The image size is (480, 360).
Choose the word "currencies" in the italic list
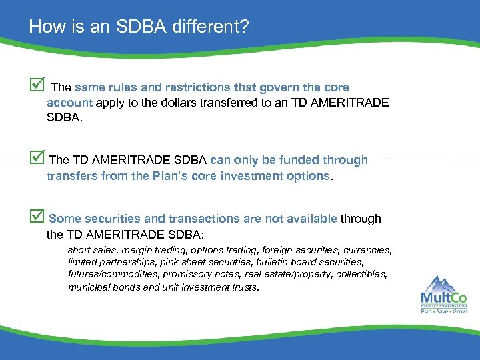pyautogui.click(x=367, y=250)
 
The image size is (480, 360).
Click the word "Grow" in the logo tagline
pyautogui.click(x=459, y=311)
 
